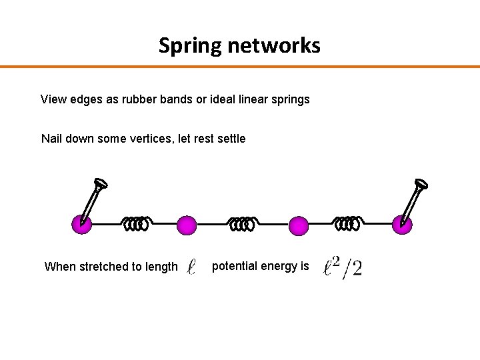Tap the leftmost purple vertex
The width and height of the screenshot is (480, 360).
(81, 225)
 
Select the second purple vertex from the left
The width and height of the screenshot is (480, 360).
(187, 225)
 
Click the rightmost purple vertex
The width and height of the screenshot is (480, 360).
(402, 225)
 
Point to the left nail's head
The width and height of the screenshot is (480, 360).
(101, 184)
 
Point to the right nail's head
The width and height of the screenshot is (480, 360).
(421, 184)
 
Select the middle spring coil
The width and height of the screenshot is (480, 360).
(242, 225)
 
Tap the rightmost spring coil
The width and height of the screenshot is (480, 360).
(347, 224)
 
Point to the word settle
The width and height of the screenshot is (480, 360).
(230, 139)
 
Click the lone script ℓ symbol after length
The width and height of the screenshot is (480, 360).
(191, 267)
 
